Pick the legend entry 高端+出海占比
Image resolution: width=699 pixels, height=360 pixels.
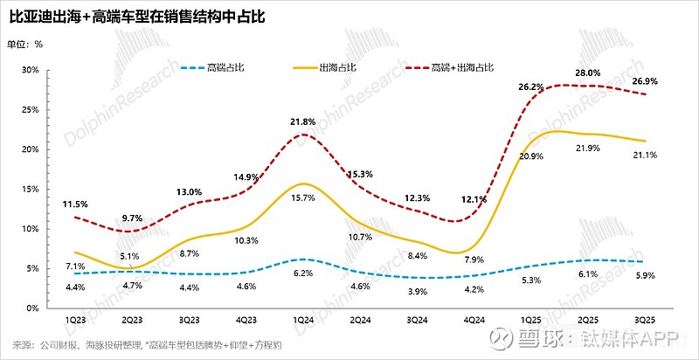click(462, 67)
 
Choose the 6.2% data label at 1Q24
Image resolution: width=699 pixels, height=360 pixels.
click(302, 273)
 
